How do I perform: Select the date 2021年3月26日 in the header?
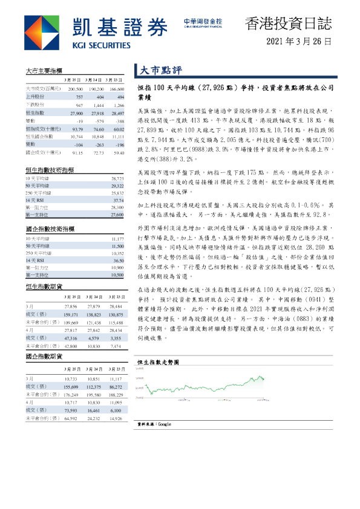click(299, 42)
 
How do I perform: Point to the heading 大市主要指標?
click(42, 70)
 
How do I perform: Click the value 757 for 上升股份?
click(79, 97)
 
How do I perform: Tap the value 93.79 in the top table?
click(77, 129)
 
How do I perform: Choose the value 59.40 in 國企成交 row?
click(117, 153)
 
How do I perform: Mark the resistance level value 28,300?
click(117, 207)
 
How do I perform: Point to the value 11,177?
click(117, 239)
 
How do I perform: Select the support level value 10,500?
click(117, 274)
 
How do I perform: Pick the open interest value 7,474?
click(117, 347)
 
